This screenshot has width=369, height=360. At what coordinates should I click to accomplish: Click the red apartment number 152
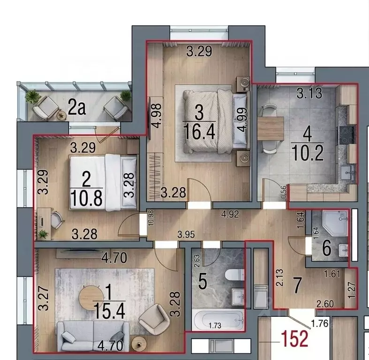pos(295,338)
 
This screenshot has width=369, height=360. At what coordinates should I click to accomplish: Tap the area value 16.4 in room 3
pos(199,132)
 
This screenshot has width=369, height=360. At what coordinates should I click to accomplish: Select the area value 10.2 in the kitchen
pos(308,152)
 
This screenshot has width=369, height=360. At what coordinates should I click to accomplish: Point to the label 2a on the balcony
pos(77,108)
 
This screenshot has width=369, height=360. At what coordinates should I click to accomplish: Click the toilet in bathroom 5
pos(234,274)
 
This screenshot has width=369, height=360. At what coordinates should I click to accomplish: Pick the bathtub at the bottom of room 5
pos(218,320)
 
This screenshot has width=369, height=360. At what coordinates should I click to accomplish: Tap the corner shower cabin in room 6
pos(336,223)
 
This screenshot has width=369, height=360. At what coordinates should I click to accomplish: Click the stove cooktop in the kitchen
pos(346,135)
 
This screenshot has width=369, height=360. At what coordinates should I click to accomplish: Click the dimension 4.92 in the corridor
pos(230,214)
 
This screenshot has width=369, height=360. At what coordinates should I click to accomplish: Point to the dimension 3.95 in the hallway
pos(186,234)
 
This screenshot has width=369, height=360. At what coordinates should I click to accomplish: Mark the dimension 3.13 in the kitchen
pos(309,93)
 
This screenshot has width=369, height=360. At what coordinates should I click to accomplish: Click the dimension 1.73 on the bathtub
pos(215,325)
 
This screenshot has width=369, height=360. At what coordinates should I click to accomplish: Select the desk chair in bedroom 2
pos(57,220)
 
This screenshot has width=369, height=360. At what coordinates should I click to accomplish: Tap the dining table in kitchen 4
pos(271,128)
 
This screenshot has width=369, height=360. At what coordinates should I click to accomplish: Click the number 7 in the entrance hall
pos(298,285)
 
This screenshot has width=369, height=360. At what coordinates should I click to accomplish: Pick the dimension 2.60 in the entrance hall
pos(325,304)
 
